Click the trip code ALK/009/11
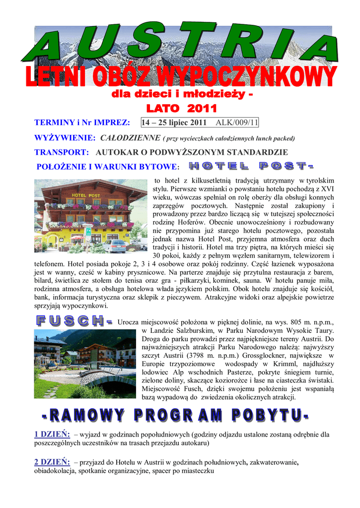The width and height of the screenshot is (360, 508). coord(237,123)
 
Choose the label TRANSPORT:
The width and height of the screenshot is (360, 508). coord(62,152)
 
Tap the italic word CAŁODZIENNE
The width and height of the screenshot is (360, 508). coord(130,137)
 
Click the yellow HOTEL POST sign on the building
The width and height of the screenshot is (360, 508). coord(86,195)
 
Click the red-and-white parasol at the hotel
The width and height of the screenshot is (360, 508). coord(78,238)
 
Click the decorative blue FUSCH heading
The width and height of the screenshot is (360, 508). coord(73,321)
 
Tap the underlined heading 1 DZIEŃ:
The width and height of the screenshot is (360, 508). coord(52,434)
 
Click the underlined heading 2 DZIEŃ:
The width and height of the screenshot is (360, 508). coord(52,462)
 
